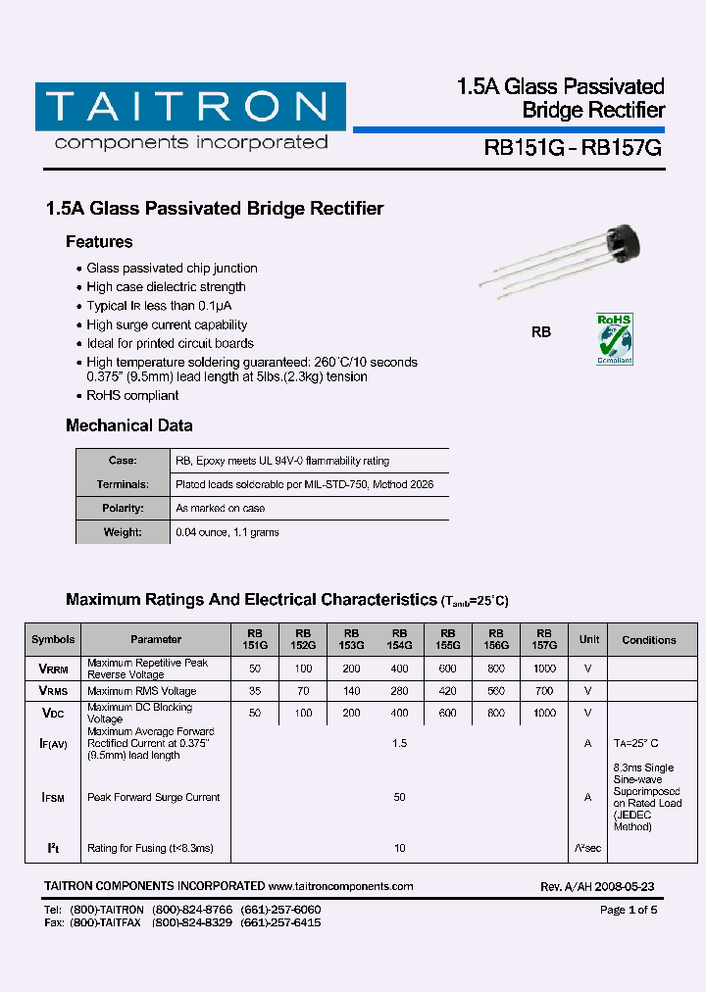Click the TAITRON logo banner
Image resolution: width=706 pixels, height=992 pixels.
point(190,106)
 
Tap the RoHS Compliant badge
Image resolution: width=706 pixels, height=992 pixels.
point(615,339)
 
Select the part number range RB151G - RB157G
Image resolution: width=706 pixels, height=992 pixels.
point(574,148)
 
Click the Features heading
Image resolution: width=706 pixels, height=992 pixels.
point(99,242)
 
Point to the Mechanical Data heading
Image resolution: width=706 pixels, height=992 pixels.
point(128,425)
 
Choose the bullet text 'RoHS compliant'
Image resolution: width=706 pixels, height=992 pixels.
point(132,396)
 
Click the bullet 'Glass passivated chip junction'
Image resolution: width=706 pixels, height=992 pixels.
point(172,269)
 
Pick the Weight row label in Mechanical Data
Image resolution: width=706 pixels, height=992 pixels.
point(123,532)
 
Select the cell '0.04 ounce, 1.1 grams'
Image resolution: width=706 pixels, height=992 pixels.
point(227,532)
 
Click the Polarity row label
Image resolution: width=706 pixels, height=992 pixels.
point(123,509)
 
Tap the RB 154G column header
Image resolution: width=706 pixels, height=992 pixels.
point(400,640)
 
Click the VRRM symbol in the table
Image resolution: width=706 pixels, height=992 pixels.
point(53,669)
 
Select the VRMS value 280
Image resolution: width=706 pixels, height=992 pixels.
point(400,691)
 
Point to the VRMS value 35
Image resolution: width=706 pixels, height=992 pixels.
point(255,691)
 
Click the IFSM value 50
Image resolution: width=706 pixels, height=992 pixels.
point(400,798)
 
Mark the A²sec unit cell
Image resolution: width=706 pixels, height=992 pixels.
point(588,848)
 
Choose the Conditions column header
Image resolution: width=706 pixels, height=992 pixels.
point(648,640)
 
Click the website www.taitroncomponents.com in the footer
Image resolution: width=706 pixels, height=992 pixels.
point(340,886)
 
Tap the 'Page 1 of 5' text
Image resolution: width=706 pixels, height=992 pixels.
point(628,911)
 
